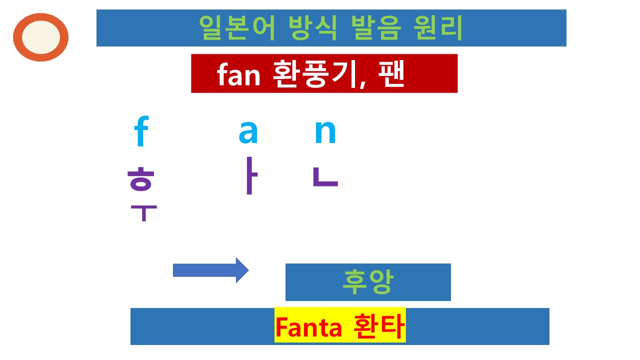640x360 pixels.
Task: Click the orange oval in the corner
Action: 40,37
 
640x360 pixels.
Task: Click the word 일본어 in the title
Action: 237,28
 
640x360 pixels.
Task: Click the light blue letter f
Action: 142,132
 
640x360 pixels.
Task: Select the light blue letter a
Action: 248,131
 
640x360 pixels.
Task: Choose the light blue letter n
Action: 325,132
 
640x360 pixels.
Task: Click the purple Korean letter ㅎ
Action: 140,179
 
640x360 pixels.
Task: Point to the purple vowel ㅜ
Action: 143,212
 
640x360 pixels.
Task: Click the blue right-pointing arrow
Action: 210,270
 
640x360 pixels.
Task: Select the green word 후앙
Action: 367,282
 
